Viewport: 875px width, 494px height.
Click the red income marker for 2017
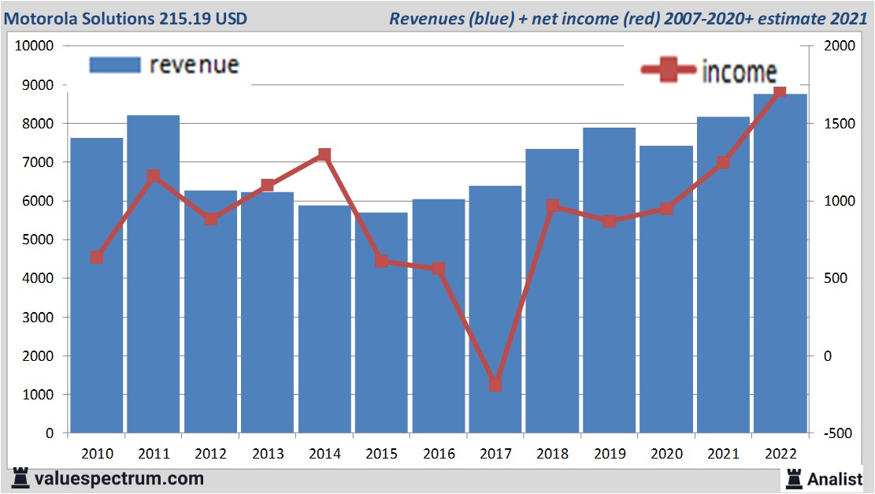click(x=495, y=384)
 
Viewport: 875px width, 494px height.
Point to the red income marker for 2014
click(x=324, y=154)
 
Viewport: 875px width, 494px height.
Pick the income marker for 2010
click(x=97, y=257)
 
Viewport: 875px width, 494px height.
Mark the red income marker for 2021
click(x=723, y=162)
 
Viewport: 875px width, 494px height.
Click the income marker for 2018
click(x=553, y=206)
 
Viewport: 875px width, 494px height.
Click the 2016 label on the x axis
click(x=439, y=454)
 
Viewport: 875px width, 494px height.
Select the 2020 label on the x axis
click(x=666, y=454)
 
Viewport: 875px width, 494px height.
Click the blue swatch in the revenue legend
click(x=115, y=65)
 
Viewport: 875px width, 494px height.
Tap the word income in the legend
click(x=739, y=72)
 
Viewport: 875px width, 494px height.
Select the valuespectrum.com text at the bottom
click(x=119, y=478)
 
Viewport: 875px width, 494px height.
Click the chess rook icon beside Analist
click(x=794, y=478)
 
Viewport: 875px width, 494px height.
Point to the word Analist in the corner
click(x=835, y=478)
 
